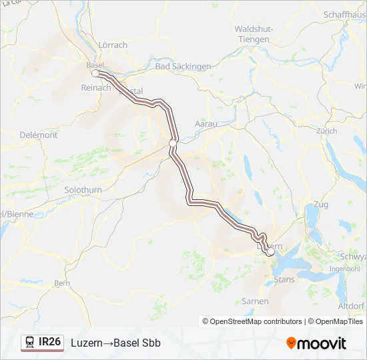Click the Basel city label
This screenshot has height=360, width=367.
click(x=95, y=65)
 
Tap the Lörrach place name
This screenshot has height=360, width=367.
click(x=112, y=45)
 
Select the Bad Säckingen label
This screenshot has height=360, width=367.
click(x=182, y=67)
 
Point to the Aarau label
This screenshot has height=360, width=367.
click(x=206, y=124)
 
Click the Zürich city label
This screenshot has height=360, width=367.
click(x=327, y=131)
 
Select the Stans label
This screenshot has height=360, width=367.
click(x=284, y=279)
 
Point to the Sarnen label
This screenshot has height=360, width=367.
click(x=255, y=301)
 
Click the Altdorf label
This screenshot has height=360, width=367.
click(x=351, y=305)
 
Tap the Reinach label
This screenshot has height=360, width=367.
click(x=95, y=87)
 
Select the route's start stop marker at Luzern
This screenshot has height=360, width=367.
click(x=270, y=252)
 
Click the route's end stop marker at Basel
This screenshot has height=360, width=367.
click(x=95, y=73)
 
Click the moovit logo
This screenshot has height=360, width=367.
click(x=316, y=343)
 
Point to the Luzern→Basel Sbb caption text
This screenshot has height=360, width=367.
click(x=115, y=343)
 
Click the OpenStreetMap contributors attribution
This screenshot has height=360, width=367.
click(x=256, y=321)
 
